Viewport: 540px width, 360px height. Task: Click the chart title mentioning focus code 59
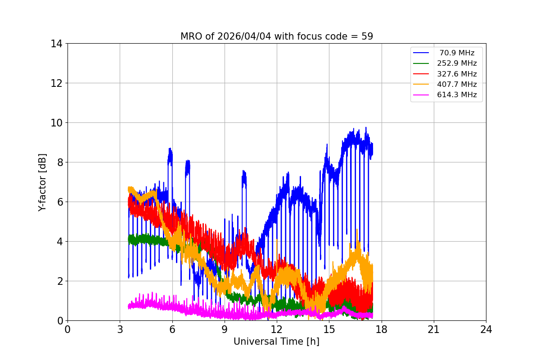click(276, 36)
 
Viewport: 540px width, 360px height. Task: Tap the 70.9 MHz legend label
click(457, 53)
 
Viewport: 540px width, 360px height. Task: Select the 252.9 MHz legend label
click(457, 63)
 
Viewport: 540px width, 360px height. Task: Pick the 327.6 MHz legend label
click(457, 74)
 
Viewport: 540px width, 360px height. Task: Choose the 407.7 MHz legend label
click(457, 84)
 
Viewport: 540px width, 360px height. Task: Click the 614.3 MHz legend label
click(457, 95)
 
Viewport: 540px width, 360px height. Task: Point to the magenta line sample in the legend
click(421, 95)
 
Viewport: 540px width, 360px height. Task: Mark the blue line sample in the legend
click(421, 53)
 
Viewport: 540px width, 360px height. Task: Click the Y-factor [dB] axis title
click(42, 183)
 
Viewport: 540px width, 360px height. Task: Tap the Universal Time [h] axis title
click(276, 342)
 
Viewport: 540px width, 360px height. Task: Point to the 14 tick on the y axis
click(56, 44)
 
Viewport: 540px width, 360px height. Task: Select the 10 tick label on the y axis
click(56, 123)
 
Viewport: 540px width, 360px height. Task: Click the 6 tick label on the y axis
click(60, 202)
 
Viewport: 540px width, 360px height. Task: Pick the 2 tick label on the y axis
click(60, 281)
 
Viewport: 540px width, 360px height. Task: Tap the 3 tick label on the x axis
click(120, 329)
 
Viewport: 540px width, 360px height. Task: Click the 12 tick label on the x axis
click(277, 329)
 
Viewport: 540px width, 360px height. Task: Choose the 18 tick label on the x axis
click(382, 329)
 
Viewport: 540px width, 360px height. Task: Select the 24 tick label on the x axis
click(486, 329)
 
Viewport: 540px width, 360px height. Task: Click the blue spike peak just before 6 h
click(170, 148)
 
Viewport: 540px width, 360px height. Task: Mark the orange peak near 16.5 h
click(357, 229)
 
